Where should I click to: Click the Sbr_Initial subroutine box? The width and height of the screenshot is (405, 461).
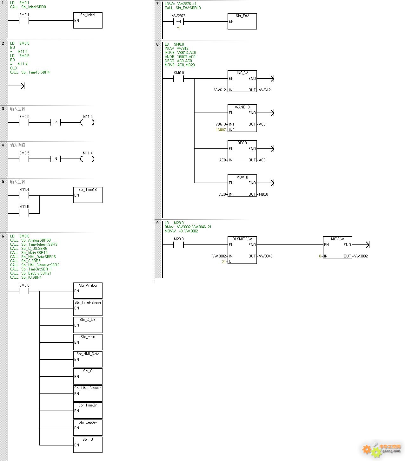point(88,20)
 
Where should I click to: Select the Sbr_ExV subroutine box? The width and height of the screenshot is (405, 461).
point(242,21)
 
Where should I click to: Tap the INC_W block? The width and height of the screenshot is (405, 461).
point(242,81)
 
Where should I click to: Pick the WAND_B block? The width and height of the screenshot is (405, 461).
point(242,118)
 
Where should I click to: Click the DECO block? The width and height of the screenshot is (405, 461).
point(242,152)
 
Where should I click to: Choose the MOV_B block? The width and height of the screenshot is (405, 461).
point(242,186)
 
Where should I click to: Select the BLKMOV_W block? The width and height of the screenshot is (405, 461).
point(242,250)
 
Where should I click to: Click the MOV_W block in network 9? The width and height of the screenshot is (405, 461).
point(337,248)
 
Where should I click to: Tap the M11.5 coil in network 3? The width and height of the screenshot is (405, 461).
point(88,122)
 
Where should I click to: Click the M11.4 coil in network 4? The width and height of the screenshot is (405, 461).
point(88,159)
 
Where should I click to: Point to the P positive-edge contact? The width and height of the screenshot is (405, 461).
point(56,122)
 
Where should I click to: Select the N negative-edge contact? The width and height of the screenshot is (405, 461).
point(56,159)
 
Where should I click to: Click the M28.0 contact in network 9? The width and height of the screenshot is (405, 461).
point(179,245)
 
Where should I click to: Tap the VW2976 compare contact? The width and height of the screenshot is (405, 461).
point(179,22)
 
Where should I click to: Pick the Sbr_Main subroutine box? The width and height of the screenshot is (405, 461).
point(88,342)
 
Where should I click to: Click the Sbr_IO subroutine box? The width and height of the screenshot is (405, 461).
point(88,445)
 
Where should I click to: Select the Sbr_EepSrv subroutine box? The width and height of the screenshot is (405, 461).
point(88,427)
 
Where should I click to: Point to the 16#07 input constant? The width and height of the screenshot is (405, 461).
point(221,130)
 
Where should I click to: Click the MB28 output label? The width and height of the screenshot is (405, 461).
point(263,194)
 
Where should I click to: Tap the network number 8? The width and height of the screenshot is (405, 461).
point(157,44)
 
